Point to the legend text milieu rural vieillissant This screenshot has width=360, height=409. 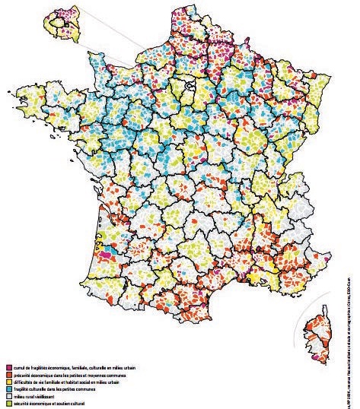point(33,395)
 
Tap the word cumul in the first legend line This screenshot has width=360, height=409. point(19,368)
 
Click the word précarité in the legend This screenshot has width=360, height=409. point(22,375)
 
